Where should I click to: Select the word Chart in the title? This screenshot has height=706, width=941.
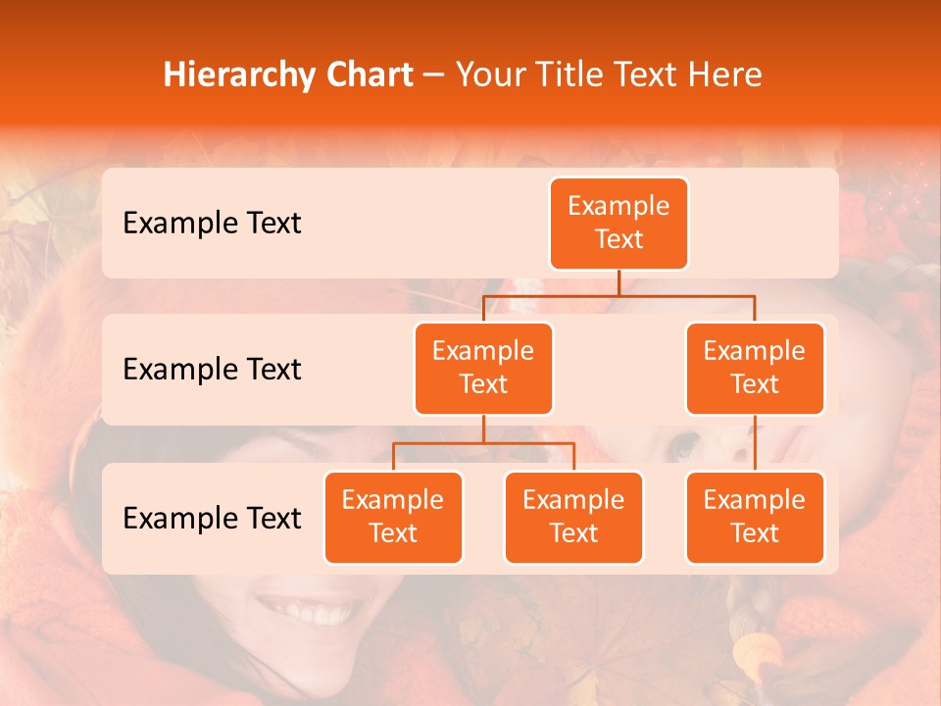(x=368, y=76)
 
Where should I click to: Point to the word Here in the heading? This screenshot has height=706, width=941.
(x=725, y=76)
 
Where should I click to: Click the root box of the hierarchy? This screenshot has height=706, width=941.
(x=619, y=224)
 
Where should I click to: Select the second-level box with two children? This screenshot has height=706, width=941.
(x=483, y=368)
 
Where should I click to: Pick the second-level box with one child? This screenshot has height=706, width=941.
(x=755, y=368)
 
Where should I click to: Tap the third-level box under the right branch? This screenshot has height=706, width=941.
(x=755, y=517)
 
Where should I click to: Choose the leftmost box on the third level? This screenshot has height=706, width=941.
(x=393, y=517)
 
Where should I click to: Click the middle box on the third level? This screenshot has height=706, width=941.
(x=573, y=517)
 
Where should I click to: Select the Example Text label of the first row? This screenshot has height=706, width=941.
(x=212, y=224)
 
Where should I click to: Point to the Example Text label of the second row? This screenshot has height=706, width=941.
(x=212, y=370)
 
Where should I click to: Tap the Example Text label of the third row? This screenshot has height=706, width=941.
(x=212, y=519)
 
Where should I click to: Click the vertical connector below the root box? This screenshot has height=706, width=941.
(x=619, y=282)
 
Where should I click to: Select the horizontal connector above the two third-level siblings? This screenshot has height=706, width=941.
(x=483, y=443)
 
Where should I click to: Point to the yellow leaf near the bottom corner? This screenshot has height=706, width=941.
(x=756, y=651)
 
